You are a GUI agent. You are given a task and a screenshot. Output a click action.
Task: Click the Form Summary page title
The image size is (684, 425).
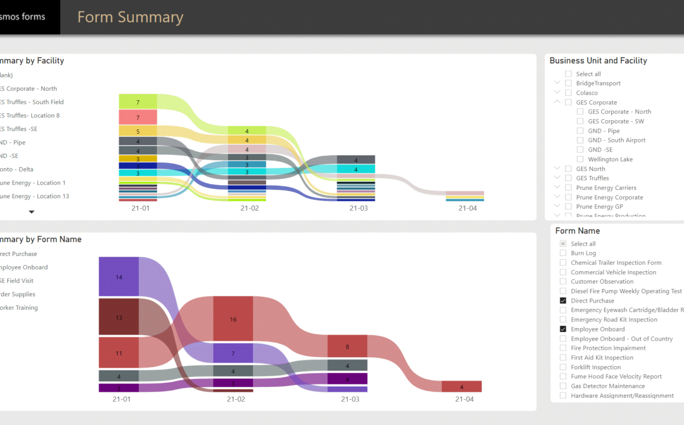click(x=130, y=17)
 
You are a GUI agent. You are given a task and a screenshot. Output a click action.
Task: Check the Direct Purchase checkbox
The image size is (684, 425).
click(x=563, y=301)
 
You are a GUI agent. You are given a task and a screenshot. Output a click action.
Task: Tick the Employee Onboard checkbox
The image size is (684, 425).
click(x=563, y=329)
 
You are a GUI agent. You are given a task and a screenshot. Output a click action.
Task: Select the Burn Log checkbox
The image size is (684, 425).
click(x=563, y=253)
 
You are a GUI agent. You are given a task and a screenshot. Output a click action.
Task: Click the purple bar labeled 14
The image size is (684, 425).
click(x=119, y=277)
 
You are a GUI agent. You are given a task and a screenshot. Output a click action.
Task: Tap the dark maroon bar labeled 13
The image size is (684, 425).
click(x=119, y=317)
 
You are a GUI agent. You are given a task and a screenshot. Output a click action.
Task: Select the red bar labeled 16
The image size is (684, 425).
click(x=233, y=319)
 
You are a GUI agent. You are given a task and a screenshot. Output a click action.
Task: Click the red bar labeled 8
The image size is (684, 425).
click(x=347, y=346)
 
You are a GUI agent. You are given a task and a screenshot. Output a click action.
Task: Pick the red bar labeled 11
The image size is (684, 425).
click(x=119, y=353)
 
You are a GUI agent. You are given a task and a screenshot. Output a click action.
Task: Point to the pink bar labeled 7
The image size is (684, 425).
click(x=138, y=117)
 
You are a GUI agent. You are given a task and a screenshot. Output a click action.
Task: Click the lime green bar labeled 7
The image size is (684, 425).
click(x=138, y=102)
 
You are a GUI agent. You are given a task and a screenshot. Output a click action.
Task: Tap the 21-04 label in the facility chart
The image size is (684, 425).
click(x=467, y=209)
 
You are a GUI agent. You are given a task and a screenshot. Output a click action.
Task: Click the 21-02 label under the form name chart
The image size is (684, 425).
click(x=236, y=399)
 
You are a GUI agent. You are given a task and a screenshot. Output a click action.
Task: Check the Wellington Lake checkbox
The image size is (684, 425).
click(x=580, y=160)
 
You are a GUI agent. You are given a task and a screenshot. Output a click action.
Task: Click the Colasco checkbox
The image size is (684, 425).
click(x=568, y=93)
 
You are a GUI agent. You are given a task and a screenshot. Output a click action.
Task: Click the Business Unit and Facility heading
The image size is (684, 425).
click(x=598, y=60)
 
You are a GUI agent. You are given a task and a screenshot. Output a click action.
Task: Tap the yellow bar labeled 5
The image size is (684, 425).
click(x=138, y=131)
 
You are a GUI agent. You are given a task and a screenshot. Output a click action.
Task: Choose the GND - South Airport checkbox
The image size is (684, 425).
click(x=580, y=140)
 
